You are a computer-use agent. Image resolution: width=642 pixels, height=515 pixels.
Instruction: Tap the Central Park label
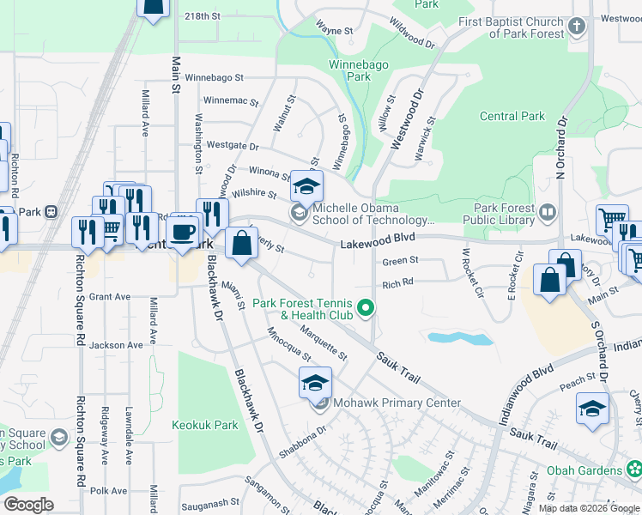[x=512, y=116]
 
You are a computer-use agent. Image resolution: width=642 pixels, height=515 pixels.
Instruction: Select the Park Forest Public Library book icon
[x=547, y=210]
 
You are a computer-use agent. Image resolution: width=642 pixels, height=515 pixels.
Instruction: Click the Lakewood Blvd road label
[x=377, y=244]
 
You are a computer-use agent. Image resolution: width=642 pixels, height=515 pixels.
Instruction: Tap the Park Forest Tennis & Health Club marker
[x=366, y=306]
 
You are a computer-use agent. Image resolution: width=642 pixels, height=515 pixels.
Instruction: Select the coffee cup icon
[x=182, y=232]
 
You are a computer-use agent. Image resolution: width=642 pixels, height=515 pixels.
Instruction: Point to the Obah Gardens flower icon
[x=633, y=470]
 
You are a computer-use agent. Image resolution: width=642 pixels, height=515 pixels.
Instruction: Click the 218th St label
[x=203, y=16]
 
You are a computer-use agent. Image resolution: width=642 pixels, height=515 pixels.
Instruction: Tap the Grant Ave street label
[x=110, y=297]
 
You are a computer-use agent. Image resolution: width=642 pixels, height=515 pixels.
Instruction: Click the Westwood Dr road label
[x=408, y=120]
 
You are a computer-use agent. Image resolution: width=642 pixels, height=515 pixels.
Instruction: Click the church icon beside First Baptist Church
[x=576, y=26]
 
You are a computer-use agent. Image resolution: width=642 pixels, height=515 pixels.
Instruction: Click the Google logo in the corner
[x=29, y=505]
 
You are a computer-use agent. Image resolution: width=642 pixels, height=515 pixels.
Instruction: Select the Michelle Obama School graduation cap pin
[x=304, y=185]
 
